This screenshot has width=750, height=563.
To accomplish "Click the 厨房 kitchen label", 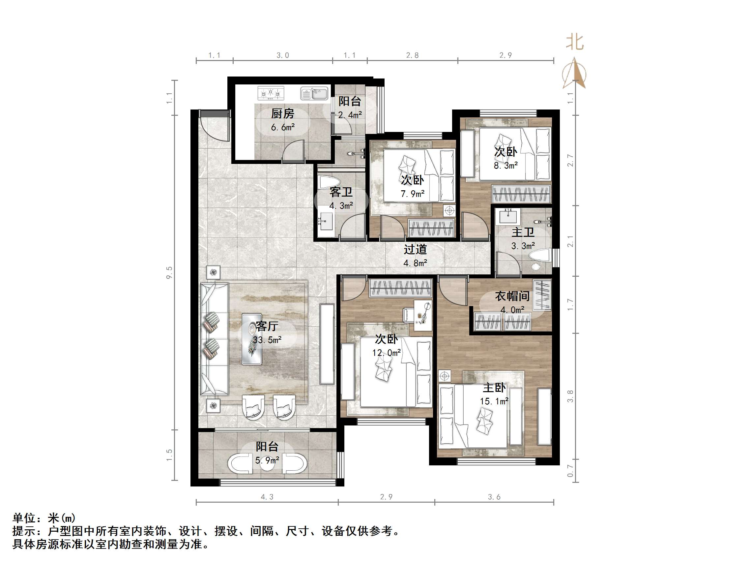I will [282, 113].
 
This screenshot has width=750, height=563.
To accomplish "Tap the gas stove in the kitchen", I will [270, 93].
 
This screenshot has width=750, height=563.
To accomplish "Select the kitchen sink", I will [314, 93].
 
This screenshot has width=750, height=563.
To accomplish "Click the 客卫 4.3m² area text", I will [341, 206].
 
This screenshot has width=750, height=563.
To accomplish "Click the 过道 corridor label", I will [415, 249].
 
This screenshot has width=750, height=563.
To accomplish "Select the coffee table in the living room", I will [251, 339].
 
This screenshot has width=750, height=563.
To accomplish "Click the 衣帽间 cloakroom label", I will [512, 296].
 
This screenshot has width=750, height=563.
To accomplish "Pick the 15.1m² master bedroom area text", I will [494, 401].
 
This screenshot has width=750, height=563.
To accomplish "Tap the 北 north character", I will [574, 43].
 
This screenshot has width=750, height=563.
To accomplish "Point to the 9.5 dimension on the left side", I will [169, 272].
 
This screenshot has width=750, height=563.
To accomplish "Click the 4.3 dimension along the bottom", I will [267, 497].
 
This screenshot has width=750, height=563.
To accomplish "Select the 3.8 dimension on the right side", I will [570, 396].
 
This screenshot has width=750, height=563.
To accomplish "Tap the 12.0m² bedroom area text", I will [386, 353].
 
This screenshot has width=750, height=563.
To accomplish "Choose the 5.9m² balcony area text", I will [267, 460].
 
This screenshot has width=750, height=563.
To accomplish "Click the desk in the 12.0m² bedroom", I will [422, 315].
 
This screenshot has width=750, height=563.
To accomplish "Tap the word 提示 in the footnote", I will [24, 531].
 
